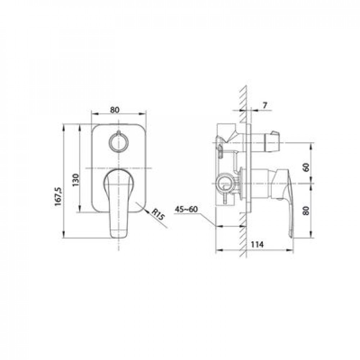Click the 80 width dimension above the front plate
114,110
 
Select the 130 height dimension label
76,180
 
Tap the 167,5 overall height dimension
58,197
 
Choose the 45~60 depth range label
186,209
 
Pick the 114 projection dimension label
257,244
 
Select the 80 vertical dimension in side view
306,210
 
